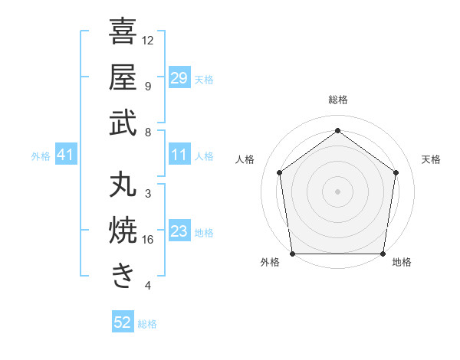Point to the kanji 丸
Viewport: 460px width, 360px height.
click(x=123, y=186)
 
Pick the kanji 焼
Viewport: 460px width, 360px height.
click(x=123, y=231)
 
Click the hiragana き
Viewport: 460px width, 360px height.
click(x=123, y=277)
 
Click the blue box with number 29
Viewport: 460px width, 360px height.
click(x=179, y=78)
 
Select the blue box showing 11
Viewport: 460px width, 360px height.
click(x=179, y=155)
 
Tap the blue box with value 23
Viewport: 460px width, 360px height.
click(x=179, y=232)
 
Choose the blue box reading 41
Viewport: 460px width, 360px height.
click(x=66, y=155)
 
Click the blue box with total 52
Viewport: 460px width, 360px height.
click(x=123, y=322)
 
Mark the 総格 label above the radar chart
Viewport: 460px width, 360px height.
click(x=337, y=100)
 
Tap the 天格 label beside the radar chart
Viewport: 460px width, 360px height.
click(x=431, y=159)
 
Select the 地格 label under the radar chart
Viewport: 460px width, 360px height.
click(x=402, y=263)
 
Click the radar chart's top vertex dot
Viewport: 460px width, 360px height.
click(x=337, y=131)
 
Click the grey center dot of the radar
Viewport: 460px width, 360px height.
click(x=337, y=191)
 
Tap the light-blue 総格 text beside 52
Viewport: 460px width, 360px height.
click(x=147, y=323)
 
